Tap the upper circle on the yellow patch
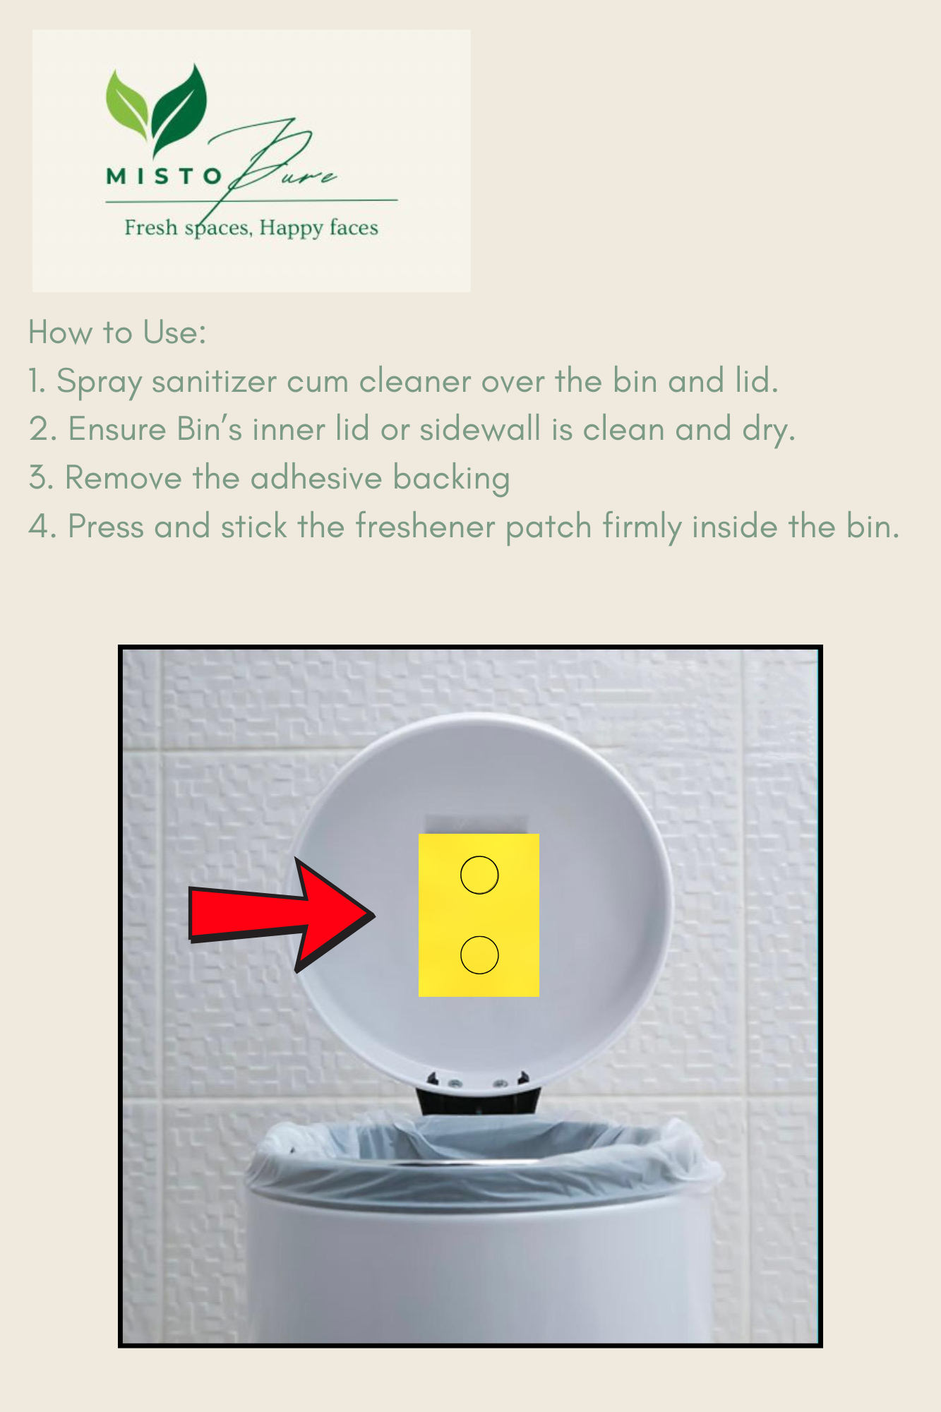479,857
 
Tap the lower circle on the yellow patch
479,936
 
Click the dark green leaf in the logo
180,106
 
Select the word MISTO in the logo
164,176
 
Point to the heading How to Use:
117,332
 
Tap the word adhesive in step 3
316,478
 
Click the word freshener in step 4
424,527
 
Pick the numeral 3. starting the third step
41,478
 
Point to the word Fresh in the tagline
151,227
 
